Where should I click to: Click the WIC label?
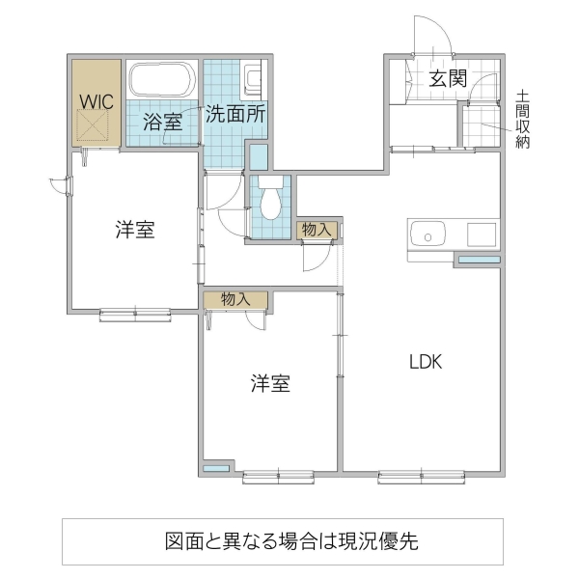tap(96, 99)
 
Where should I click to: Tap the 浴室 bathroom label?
tap(162, 122)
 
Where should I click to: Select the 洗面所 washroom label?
tap(234, 112)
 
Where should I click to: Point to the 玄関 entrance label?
tap(448, 79)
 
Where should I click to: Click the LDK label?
tap(425, 363)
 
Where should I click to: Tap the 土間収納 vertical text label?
tap(523, 120)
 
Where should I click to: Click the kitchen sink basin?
tap(427, 234)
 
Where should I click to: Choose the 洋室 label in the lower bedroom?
tap(271, 384)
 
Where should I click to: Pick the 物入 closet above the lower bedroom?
tap(235, 299)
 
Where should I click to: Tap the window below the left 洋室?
tap(132, 312)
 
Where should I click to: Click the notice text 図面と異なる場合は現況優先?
tap(289, 540)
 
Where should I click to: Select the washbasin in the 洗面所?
tap(253, 78)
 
